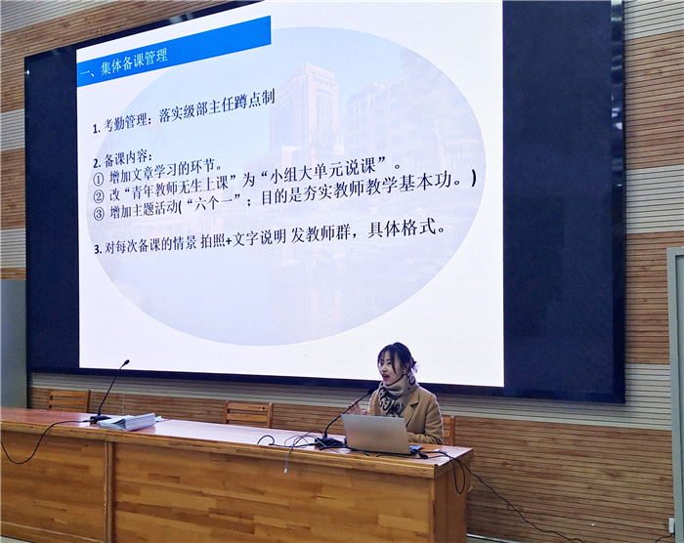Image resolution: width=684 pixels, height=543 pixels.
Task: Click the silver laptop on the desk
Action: (376, 434)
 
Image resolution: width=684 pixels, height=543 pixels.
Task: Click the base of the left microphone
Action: (100, 419)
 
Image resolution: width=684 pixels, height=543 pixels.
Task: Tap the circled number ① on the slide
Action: (98, 179)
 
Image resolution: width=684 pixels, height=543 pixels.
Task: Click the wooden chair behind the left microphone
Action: (68, 400)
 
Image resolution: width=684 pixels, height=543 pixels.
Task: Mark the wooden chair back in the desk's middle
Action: (249, 413)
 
